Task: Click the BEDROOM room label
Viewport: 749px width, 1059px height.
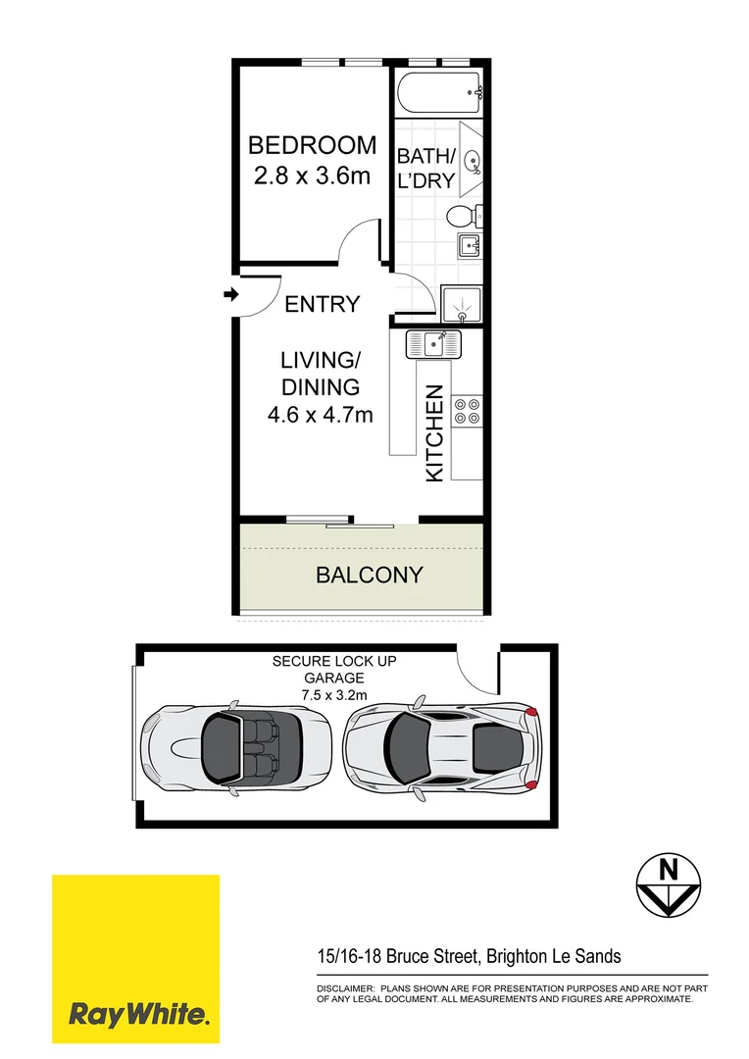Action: click(312, 146)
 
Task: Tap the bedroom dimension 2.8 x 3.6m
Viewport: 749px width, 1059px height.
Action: click(312, 177)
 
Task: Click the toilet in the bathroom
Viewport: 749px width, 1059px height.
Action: click(461, 217)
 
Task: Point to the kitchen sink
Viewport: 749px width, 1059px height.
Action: click(432, 344)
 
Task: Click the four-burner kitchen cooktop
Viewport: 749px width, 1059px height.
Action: click(467, 410)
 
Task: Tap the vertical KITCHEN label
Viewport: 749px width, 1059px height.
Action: click(435, 433)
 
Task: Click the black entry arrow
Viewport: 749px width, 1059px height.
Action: click(230, 294)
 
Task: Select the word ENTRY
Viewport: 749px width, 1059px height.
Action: click(322, 305)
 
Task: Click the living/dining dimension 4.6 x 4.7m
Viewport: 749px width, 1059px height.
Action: click(322, 415)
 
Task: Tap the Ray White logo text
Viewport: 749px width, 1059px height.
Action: click(137, 1013)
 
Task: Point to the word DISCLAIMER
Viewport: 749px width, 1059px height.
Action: click(344, 989)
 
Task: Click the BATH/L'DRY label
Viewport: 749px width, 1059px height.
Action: click(425, 168)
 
